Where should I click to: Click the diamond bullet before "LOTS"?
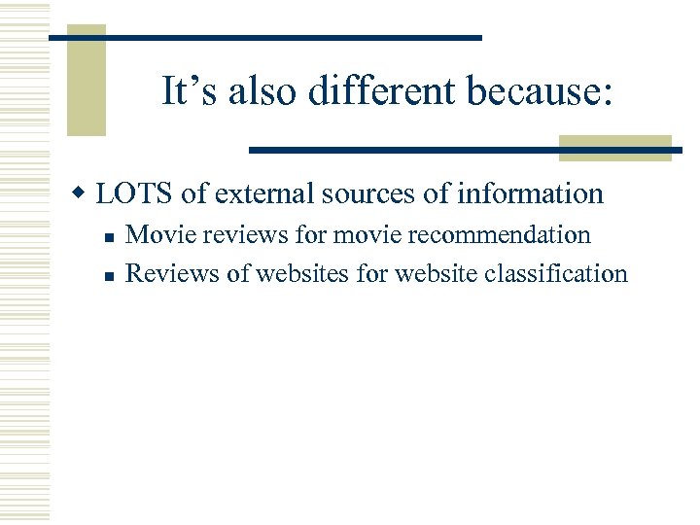(85, 193)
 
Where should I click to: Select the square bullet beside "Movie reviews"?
(111, 236)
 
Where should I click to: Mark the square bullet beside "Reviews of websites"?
(111, 275)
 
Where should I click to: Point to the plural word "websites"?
(304, 273)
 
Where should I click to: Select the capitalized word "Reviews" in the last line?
(173, 273)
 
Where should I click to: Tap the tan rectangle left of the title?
(87, 83)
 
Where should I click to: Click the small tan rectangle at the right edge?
(615, 147)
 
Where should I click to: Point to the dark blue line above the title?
(265, 37)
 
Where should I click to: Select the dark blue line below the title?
(465, 150)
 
